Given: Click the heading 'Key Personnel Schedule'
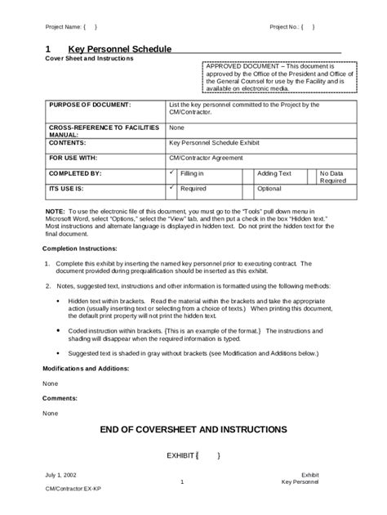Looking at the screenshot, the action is pos(119,49).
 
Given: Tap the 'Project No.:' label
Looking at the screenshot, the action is pos(283,27).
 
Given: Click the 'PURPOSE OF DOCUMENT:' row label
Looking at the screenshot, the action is pos(90,105).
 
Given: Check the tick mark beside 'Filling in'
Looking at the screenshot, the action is pos(171,172).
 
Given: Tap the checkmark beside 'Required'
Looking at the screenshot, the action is pos(171,187).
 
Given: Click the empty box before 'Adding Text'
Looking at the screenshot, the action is pos(247,174).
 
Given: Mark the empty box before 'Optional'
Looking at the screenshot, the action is pos(247,188).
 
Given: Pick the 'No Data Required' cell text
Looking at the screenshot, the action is pos(332,177).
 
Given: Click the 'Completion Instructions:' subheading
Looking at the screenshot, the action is pos(80,247).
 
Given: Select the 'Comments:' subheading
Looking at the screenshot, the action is pos(60,397).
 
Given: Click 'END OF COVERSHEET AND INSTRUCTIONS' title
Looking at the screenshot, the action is pos(193,429).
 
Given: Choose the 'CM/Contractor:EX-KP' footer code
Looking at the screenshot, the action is pos(73,489).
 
